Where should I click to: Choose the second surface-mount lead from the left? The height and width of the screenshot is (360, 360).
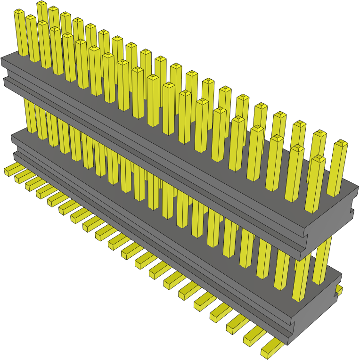click(x=22, y=176)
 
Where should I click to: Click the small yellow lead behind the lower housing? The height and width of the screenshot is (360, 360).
click(x=339, y=288)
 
